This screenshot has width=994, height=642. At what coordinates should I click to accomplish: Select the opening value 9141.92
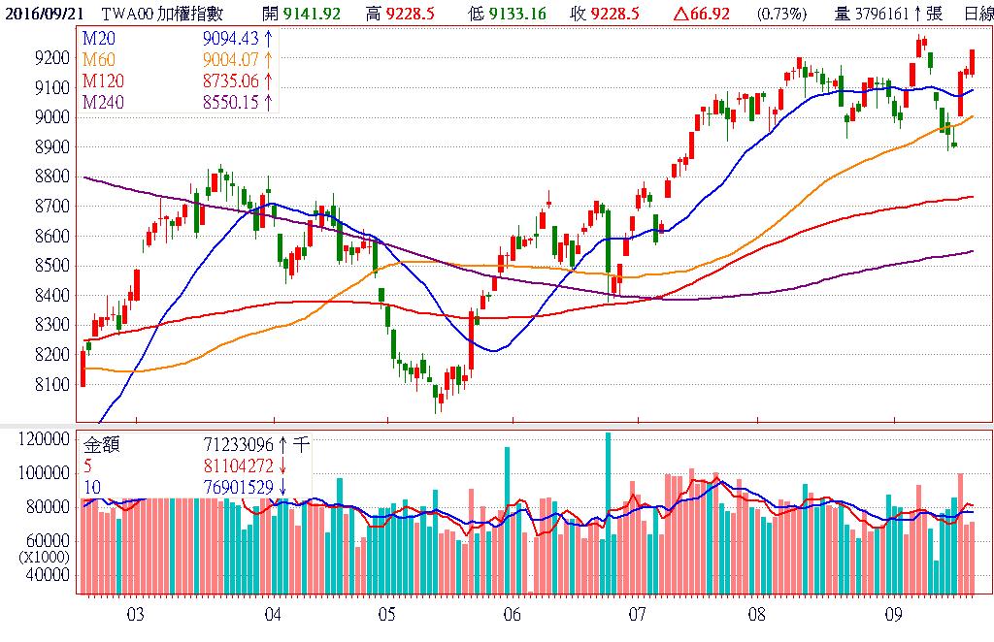(x=312, y=13)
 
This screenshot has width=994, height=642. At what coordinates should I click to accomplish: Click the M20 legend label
(x=97, y=37)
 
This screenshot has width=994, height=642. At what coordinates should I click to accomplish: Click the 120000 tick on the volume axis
(x=46, y=439)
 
